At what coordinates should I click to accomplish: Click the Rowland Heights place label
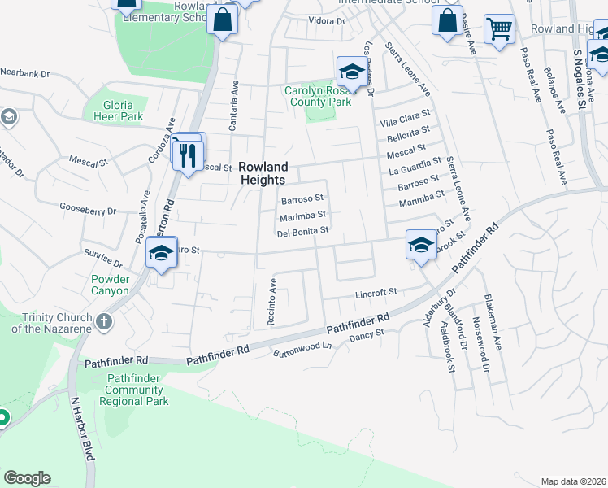point(263,173)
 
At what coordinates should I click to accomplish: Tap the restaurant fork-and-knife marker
point(188,155)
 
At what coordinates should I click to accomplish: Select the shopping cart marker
point(499,29)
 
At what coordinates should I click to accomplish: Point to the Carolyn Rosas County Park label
point(318,97)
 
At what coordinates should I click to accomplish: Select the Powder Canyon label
point(104,285)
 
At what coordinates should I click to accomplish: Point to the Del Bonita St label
point(302,231)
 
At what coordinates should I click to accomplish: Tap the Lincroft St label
point(374,292)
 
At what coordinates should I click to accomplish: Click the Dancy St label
point(366,335)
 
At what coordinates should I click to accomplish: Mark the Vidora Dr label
point(328,21)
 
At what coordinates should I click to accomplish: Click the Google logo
point(27,478)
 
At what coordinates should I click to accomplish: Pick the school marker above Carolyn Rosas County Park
point(351,72)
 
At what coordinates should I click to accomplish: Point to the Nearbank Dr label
point(25,73)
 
